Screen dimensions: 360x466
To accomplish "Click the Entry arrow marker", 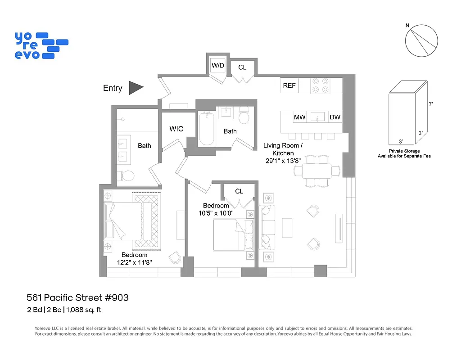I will pos(136,88).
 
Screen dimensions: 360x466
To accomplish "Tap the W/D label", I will pos(218,66).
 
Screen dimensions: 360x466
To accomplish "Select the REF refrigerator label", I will pos(289,85).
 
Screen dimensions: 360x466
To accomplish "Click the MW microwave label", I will pos(299,117).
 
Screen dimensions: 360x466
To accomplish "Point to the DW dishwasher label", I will pos(335,117).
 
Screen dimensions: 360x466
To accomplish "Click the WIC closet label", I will pos(176,129).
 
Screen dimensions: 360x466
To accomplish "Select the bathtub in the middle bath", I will pos(207,129).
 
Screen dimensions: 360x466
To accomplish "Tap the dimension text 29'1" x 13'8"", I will pos(282,161).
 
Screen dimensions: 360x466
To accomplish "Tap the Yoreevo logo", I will pos(41,45).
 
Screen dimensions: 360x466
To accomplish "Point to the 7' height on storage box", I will pos(431,104).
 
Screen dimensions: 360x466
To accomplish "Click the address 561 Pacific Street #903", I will pos(77,297).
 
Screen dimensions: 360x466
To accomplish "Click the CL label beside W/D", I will pos(242,67).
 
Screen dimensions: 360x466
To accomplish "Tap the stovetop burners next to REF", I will pos(320,85).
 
